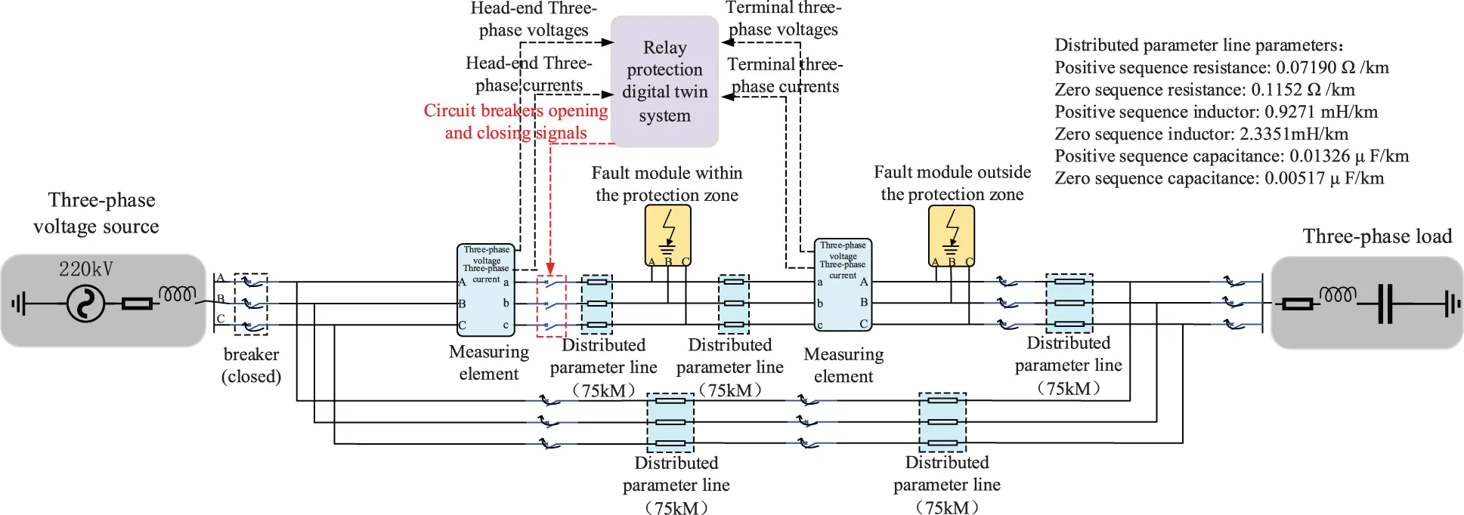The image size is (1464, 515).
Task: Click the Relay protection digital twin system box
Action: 664,82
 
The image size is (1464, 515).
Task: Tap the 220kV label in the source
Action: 85,270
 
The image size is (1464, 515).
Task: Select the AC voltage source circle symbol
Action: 85,304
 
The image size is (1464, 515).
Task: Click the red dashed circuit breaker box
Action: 551,305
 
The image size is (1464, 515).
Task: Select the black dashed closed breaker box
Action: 251,304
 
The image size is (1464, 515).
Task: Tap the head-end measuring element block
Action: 485,290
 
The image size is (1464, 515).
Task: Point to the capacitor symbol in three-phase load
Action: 1385,304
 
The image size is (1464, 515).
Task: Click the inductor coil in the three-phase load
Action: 1337,295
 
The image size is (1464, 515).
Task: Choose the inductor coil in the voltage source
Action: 177,294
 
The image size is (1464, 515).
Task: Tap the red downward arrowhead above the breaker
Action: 550,268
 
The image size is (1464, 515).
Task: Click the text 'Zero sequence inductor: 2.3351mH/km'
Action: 1201,134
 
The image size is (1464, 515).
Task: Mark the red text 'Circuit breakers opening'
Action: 515,111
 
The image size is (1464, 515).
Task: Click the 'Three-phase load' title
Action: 1377,236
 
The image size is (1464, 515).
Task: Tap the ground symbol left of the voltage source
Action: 18,304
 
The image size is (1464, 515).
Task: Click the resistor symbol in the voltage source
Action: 137,304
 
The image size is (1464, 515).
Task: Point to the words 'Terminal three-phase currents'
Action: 785,76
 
